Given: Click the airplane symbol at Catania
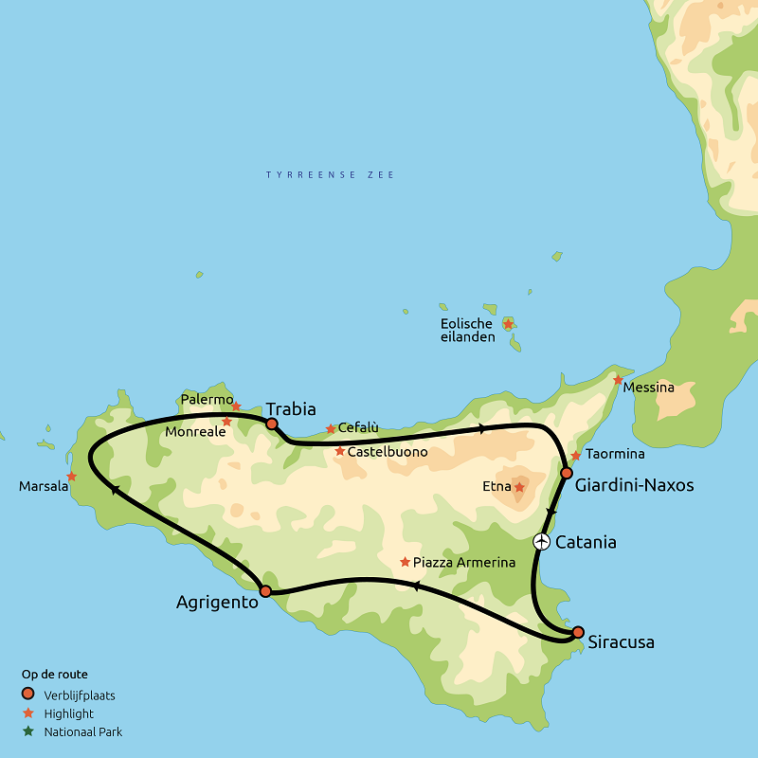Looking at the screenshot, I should [541, 542].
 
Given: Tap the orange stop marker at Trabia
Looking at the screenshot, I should [272, 424].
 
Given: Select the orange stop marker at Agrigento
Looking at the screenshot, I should [265, 591].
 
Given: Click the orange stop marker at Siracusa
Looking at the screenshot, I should [578, 632].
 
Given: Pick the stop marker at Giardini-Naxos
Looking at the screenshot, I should [567, 473].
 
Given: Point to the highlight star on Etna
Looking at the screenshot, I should [519, 487].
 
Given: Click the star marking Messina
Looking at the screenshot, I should [618, 380].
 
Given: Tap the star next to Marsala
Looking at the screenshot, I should [72, 477].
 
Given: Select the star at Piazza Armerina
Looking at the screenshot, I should [406, 562].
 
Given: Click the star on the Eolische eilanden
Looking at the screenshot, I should [508, 324].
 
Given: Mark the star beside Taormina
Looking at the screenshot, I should [576, 456].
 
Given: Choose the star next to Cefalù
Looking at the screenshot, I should [331, 429].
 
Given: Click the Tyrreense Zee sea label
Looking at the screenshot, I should [330, 175].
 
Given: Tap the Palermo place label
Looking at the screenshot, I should [207, 399].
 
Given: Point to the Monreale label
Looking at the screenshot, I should [195, 431].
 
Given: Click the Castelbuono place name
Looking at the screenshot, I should [388, 452].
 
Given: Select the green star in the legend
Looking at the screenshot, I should [28, 731].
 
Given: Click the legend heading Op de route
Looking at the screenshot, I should [55, 675].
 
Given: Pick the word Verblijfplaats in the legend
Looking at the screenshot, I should [80, 695].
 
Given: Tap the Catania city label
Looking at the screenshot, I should [586, 543].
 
